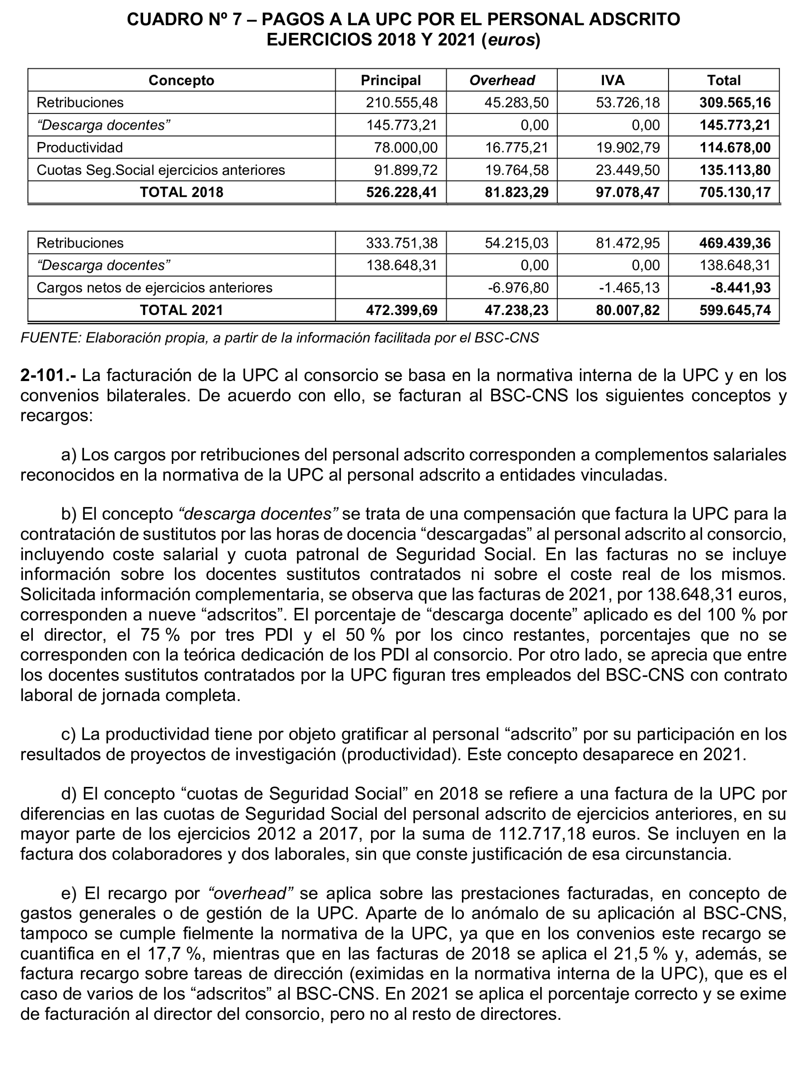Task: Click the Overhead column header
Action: [x=501, y=80]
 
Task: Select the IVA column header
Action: [x=612, y=80]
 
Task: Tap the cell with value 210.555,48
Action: [x=402, y=103]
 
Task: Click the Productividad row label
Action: [x=80, y=148]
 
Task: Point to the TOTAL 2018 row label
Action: [x=181, y=192]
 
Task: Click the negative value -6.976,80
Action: [x=518, y=288]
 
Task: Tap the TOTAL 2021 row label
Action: [x=181, y=310]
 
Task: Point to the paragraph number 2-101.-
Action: [x=48, y=375]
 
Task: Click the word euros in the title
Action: [x=511, y=40]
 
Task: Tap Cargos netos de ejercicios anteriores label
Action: [x=154, y=288]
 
